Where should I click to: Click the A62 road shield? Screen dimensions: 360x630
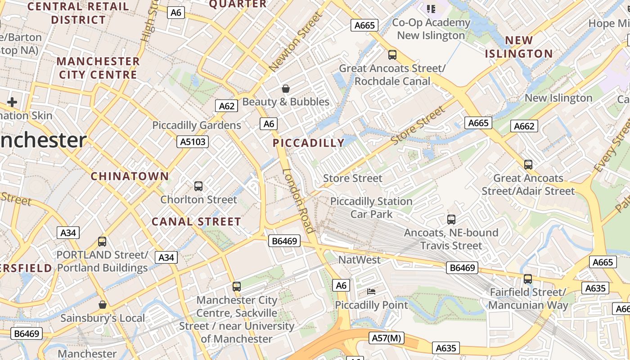[226, 106]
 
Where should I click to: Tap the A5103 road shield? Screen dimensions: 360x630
[193, 142]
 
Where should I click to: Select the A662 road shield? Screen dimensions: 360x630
[524, 126]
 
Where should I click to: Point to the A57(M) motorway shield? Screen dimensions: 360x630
[387, 338]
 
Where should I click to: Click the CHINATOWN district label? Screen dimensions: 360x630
[130, 176]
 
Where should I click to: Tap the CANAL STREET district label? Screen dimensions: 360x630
[196, 222]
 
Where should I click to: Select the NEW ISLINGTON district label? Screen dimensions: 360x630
[518, 47]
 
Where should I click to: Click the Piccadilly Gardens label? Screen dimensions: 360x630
[197, 125]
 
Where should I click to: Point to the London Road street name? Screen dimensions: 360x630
[298, 201]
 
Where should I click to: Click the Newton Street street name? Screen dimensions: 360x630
[296, 41]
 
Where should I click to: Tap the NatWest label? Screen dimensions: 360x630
[359, 260]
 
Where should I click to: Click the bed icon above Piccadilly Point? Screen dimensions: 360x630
[371, 292]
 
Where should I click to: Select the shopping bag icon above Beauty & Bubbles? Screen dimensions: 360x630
[285, 89]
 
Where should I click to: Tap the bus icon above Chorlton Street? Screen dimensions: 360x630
[198, 186]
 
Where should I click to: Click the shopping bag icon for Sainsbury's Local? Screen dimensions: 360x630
[103, 305]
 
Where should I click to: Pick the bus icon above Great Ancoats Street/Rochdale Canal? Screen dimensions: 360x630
[392, 55]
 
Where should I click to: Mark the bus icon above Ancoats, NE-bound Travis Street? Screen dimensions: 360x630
[451, 220]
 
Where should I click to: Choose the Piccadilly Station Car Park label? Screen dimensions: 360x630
[371, 207]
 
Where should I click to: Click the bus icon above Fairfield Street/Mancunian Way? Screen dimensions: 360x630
[528, 279]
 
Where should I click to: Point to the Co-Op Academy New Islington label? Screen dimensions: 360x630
[431, 29]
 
